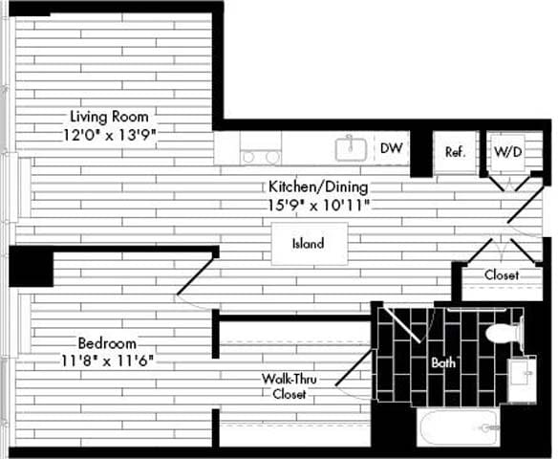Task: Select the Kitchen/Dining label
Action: [317, 187]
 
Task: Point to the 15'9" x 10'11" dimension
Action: [318, 205]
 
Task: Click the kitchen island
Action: [308, 243]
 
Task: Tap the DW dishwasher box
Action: [390, 148]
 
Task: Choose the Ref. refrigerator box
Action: [455, 152]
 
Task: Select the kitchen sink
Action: [351, 148]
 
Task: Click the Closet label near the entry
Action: [501, 275]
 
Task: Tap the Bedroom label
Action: [107, 342]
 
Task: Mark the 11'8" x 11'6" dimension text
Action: [107, 361]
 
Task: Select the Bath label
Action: [442, 363]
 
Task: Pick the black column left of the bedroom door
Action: [30, 267]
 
